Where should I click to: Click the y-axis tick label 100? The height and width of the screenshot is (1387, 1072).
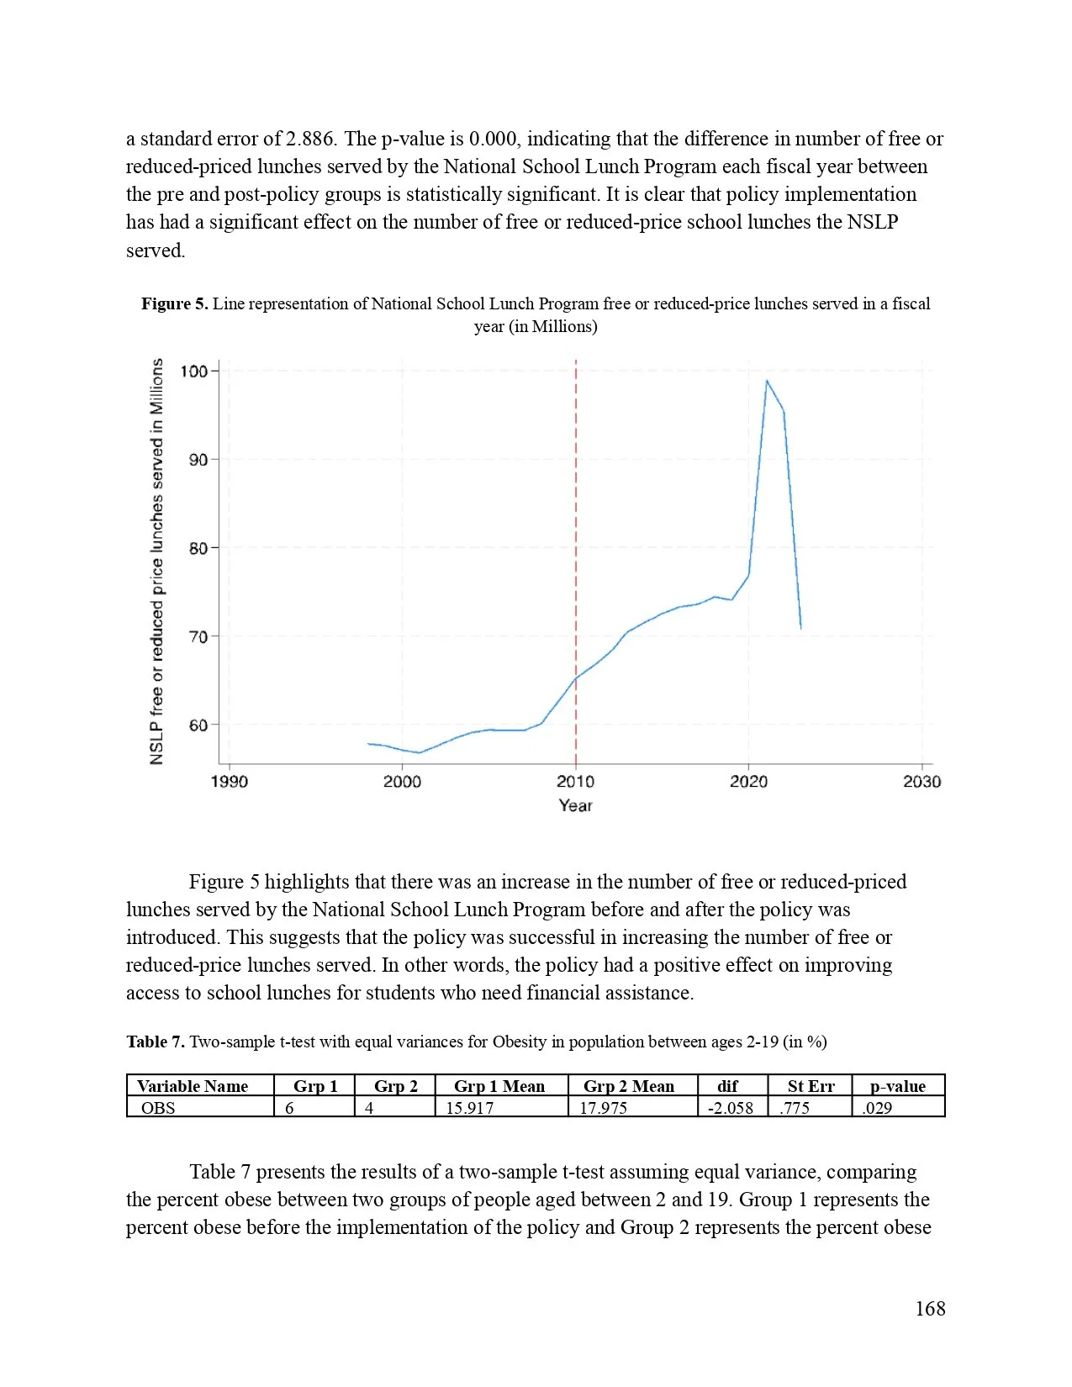[193, 371]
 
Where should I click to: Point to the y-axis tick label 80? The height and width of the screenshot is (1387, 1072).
[198, 548]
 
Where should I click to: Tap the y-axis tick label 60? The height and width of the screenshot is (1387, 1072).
[198, 725]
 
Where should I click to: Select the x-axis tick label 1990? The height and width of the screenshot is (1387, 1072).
[229, 782]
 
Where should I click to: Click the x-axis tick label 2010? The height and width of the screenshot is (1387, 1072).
[575, 782]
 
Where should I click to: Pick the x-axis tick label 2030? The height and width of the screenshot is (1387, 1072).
[921, 782]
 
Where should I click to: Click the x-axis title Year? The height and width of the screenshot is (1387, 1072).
[575, 805]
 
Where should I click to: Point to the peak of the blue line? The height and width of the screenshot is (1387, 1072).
[767, 381]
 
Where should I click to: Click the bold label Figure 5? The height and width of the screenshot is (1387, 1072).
[174, 303]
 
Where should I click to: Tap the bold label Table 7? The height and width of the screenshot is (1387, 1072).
[156, 1042]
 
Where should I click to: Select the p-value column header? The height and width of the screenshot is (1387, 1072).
[897, 1086]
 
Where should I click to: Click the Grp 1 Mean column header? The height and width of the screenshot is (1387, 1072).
[499, 1086]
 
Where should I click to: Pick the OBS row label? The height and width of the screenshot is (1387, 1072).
[158, 1108]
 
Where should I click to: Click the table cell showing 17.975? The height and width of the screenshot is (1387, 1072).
[603, 1108]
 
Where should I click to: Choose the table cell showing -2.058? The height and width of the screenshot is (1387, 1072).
[730, 1108]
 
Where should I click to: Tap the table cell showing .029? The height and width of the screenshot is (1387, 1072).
[877, 1108]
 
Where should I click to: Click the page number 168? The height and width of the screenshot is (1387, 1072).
[930, 1309]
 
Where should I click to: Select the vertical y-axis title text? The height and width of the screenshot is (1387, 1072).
[157, 562]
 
